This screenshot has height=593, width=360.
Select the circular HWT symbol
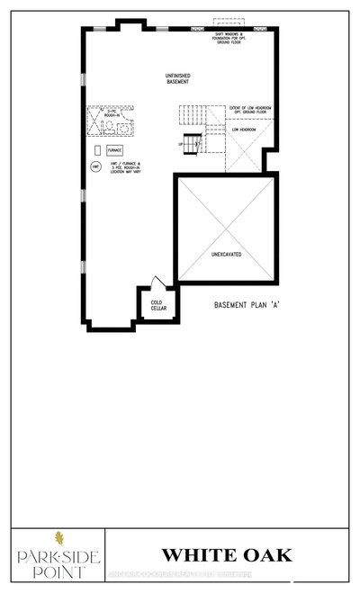94,167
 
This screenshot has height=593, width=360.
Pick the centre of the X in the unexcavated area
224,228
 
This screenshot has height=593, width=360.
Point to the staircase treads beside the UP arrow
194,142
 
